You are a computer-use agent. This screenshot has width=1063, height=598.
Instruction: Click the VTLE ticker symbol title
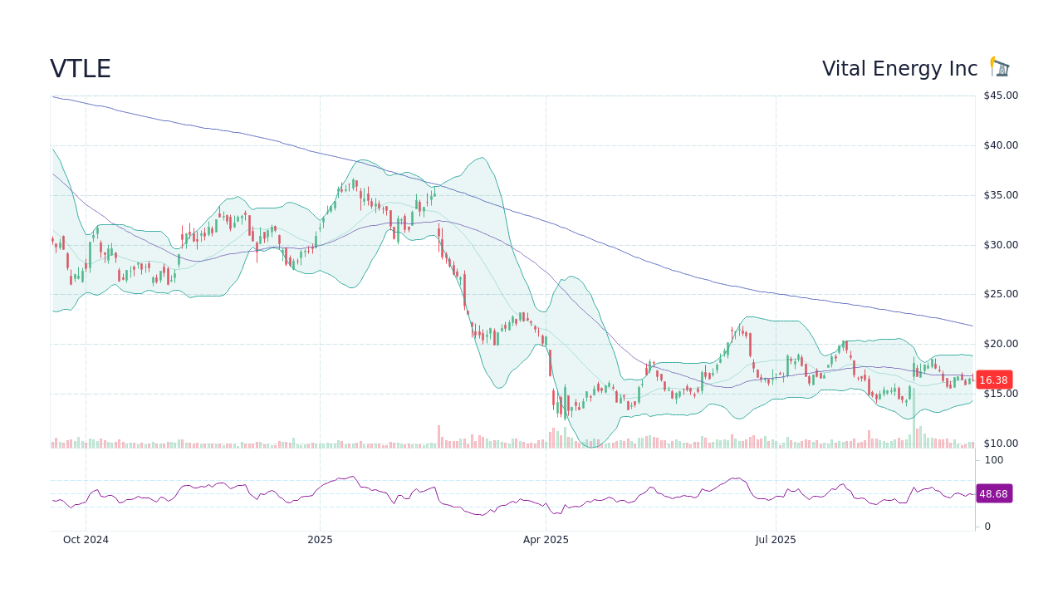pyautogui.click(x=81, y=69)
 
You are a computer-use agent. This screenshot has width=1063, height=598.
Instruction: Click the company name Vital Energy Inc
pyautogui.click(x=899, y=69)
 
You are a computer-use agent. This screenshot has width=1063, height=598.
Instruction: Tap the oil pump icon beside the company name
pyautogui.click(x=1000, y=67)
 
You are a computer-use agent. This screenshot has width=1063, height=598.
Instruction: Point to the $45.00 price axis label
pyautogui.click(x=1000, y=96)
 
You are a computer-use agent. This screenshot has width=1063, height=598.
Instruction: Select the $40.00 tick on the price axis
pyautogui.click(x=1000, y=145)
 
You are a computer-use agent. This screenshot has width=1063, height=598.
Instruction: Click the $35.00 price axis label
pyautogui.click(x=1000, y=195)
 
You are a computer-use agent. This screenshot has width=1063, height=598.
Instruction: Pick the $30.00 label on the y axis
pyautogui.click(x=1000, y=245)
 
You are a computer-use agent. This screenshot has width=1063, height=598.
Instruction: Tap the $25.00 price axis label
pyautogui.click(x=1000, y=294)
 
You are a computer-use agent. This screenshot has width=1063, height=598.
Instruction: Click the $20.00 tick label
pyautogui.click(x=1000, y=344)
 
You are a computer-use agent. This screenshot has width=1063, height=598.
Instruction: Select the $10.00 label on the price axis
pyautogui.click(x=1000, y=444)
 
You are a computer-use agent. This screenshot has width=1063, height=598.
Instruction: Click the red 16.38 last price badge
pyautogui.click(x=993, y=380)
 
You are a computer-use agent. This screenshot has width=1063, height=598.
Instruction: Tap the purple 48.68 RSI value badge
pyautogui.click(x=993, y=493)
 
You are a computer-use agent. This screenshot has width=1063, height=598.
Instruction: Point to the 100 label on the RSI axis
pyautogui.click(x=993, y=460)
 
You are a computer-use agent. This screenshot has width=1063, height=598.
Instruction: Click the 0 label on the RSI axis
pyautogui.click(x=987, y=527)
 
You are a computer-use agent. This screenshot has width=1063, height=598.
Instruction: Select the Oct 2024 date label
pyautogui.click(x=86, y=540)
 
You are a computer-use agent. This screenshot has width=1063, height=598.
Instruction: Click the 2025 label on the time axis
pyautogui.click(x=320, y=540)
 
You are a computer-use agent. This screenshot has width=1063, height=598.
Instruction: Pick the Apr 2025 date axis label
pyautogui.click(x=546, y=540)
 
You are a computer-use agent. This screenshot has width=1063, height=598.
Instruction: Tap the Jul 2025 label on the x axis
pyautogui.click(x=776, y=540)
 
